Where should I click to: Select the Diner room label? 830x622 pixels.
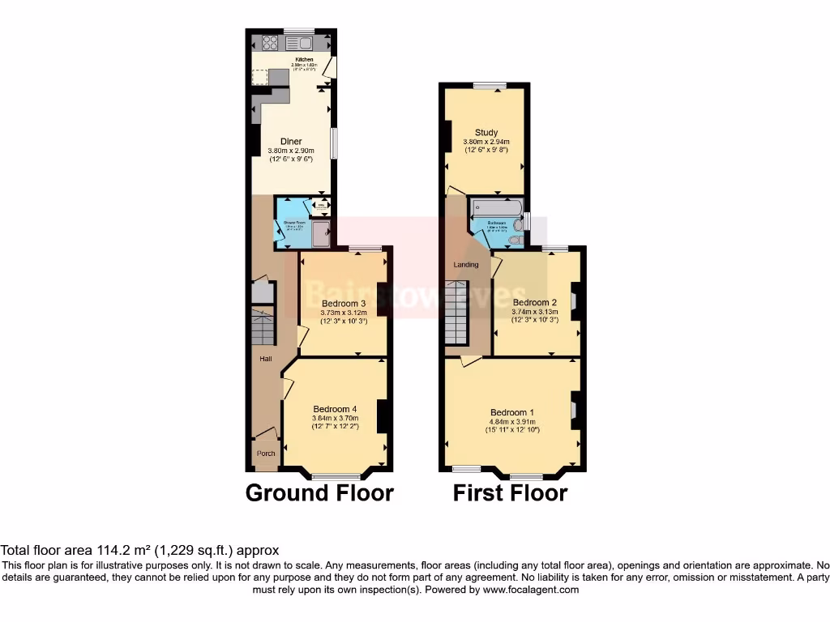(291, 142)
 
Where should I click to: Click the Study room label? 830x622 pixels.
(486, 133)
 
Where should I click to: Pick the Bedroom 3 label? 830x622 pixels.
(343, 303)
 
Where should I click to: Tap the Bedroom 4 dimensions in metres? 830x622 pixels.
(335, 418)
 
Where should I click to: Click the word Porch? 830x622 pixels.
(266, 454)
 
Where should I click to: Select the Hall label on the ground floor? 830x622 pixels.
(265, 359)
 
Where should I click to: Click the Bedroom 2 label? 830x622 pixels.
(534, 302)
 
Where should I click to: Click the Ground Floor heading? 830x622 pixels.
(319, 492)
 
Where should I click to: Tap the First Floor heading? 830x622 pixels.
(510, 492)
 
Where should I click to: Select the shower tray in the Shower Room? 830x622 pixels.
(320, 234)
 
